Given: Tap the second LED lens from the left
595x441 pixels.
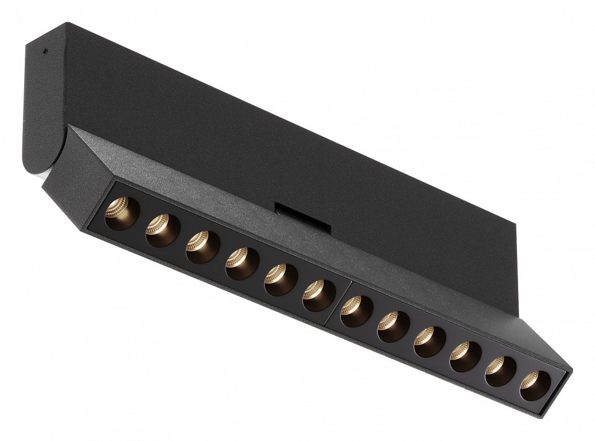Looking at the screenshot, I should [x=159, y=229].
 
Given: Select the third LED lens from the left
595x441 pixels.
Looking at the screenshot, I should [x=200, y=246].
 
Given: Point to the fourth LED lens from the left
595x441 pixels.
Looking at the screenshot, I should [x=240, y=263].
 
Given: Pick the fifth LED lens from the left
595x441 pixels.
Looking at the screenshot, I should [x=280, y=279].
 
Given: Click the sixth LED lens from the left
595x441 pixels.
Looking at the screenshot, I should [x=318, y=295].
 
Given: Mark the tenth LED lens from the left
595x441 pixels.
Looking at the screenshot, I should [x=465, y=357].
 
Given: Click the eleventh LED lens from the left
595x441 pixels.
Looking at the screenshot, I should [x=500, y=372].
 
